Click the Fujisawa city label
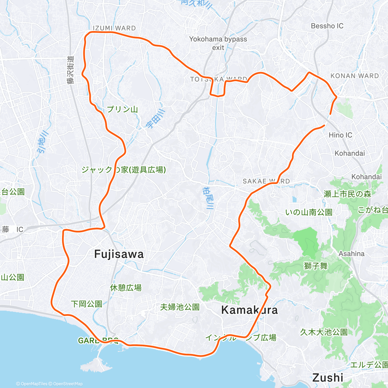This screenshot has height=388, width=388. coord(119,254)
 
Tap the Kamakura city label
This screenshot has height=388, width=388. coord(249,310)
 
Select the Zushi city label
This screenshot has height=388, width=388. coord(328,377)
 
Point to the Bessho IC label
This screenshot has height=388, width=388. coord(327,26)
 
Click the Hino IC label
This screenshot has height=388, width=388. coord(340,135)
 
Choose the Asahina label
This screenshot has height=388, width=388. coord(351,254)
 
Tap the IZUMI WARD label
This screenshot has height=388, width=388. coord(114,28)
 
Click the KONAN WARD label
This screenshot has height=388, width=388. coord(354,76)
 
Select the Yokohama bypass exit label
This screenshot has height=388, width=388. coord(218,43)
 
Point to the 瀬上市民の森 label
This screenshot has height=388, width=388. coord(347,194)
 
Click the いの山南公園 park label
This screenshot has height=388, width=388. coord(309,212)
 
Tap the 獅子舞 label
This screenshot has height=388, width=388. coord(316,266)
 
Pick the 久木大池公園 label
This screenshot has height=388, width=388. coord(324,332)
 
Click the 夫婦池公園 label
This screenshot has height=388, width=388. coord(180,307)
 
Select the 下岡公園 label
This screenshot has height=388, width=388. coord(86,304)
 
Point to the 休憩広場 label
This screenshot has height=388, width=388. coord(126,287)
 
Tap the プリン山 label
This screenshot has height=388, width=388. coord(122,109)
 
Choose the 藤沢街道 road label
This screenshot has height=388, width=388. coord(71,70)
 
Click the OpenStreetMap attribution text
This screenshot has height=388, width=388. coord(68,384)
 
